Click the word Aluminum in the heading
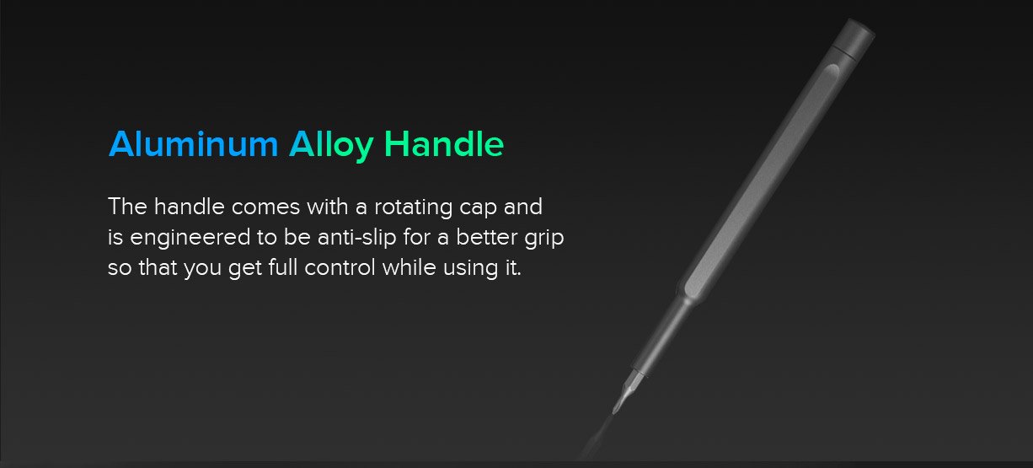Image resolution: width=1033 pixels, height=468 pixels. coord(193,144)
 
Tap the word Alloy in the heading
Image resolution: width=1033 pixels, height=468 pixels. coord(331,146)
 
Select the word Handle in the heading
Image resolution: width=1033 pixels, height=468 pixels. coord(444,143)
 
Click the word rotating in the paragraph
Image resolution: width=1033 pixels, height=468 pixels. coord(413,207)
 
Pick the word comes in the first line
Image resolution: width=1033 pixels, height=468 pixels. coord(265,207)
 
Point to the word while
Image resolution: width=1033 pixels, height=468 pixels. coord(409,267)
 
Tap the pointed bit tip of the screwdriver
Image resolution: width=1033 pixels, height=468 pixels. coord(615,411)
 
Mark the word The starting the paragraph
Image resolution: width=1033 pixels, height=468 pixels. coord(127,207)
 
